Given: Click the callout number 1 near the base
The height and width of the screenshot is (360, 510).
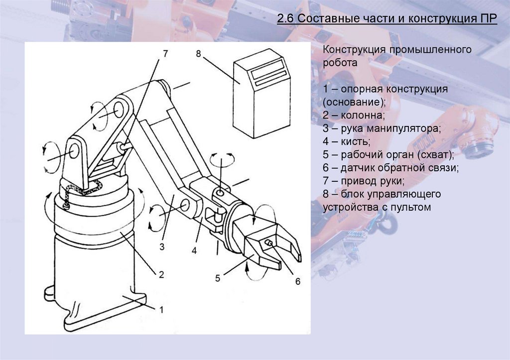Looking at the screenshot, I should click(x=161, y=309).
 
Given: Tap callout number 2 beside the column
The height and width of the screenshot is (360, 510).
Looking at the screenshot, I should click(x=161, y=274).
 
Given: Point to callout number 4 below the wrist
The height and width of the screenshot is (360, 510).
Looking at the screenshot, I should click(x=194, y=251).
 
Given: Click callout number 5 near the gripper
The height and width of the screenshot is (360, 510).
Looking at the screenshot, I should click(x=218, y=278).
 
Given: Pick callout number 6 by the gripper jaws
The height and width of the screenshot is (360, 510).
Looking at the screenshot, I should click(x=297, y=281).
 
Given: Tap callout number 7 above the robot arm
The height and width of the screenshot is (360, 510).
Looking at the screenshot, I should click(x=166, y=53).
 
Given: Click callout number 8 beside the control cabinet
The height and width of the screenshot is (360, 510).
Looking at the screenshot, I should click(x=198, y=54).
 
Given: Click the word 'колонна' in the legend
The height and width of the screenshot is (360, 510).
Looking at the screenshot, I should click(x=365, y=115).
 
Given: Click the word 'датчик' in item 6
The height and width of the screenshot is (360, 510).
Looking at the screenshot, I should click(x=358, y=167).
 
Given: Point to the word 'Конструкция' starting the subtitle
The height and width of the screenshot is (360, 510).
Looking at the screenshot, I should click(x=355, y=50).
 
